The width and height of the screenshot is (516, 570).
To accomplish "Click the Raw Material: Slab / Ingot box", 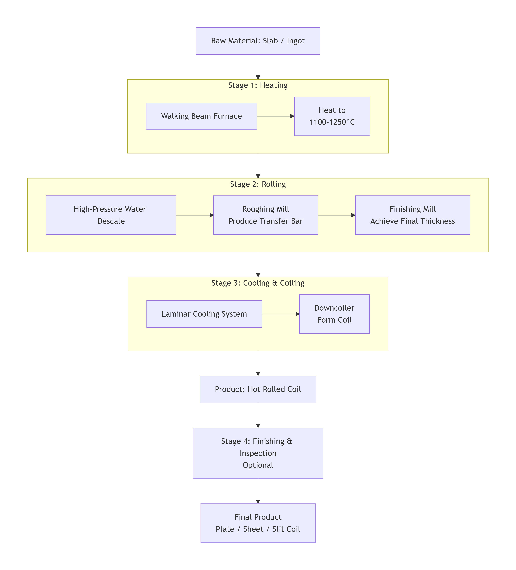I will click(258, 41).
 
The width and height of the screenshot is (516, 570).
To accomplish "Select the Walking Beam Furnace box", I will click(201, 116).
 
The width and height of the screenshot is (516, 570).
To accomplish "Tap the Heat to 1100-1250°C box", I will click(332, 116).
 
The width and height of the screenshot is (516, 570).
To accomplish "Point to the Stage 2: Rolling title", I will click(258, 184).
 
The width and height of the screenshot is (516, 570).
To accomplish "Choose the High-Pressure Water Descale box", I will click(111, 215).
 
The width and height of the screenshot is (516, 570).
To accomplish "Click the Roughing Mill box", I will click(266, 215).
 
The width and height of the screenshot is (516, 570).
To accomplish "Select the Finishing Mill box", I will click(412, 215).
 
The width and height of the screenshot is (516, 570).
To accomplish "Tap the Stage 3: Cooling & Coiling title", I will click(258, 283).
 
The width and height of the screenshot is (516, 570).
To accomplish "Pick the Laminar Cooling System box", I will click(204, 314).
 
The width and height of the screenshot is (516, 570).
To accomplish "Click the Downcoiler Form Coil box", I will click(334, 314).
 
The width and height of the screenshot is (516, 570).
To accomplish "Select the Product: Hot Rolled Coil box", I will click(258, 389).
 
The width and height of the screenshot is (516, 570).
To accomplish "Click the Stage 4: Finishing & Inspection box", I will click(258, 453).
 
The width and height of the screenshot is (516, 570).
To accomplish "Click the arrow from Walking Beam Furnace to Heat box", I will click(275, 116).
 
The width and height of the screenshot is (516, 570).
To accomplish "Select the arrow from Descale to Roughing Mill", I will click(195, 215).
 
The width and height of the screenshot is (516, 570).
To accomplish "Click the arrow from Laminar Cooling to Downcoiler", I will click(281, 314).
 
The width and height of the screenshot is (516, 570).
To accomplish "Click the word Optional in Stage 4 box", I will click(258, 465).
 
